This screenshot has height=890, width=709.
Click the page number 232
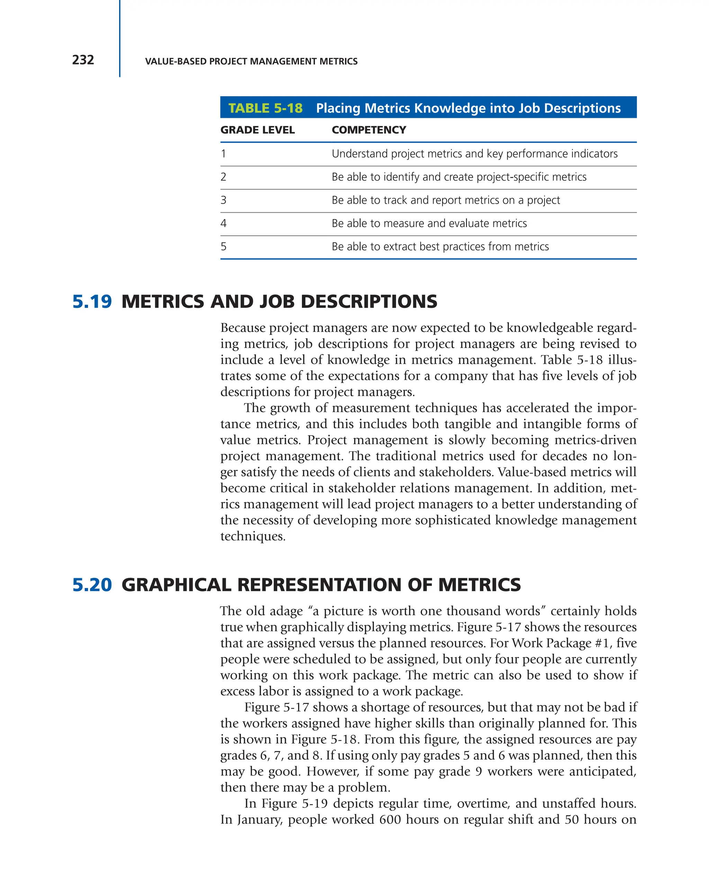click(83, 60)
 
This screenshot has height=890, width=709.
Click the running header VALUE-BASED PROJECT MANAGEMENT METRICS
click(251, 62)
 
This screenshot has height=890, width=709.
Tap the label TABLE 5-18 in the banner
click(265, 108)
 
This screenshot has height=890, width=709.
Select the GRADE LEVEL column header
click(257, 130)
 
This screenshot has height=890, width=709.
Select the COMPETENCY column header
click(369, 130)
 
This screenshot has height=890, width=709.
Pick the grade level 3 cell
click(224, 200)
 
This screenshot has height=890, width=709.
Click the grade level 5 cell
click(224, 246)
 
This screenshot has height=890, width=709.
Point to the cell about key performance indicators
click(474, 153)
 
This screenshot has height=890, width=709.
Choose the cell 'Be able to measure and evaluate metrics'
click(429, 223)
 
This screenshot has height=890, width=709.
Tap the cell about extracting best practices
click(440, 246)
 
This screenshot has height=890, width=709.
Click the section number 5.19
click(92, 301)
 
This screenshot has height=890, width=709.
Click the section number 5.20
click(92, 584)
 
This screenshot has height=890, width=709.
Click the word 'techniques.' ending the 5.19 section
click(253, 536)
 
